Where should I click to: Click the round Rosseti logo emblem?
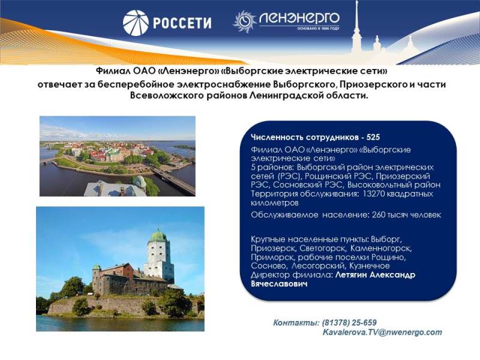point(136,23)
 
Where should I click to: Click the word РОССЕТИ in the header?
point(182,23)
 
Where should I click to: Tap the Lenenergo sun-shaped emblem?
point(245,22)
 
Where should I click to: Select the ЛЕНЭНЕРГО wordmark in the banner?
point(299,19)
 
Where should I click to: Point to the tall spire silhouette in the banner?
point(356,28)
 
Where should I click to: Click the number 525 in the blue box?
point(373,137)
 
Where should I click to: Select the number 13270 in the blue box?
point(373,194)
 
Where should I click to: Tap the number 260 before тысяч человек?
point(379,215)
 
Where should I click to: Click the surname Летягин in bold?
point(351,275)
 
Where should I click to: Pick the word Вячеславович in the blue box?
point(279,284)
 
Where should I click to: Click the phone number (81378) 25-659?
point(349,323)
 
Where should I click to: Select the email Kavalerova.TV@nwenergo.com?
point(382,332)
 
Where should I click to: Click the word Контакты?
point(296,323)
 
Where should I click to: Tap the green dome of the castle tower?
point(158,236)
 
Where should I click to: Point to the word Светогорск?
point(323,248)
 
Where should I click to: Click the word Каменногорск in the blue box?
point(381,248)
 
